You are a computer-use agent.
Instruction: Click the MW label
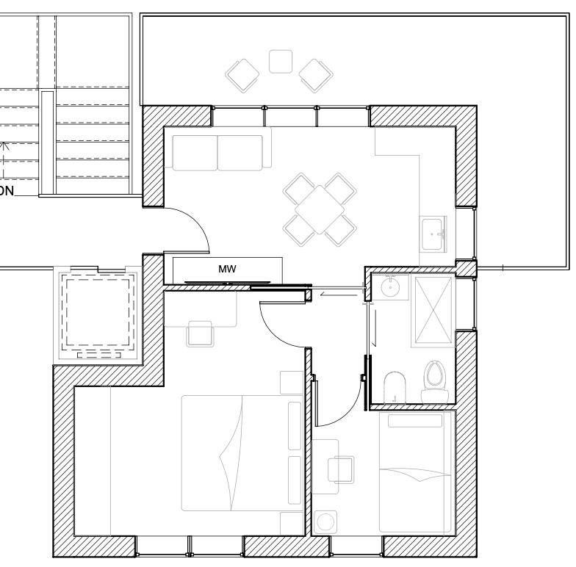pos(227,269)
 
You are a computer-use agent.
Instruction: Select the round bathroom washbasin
pos(389,286)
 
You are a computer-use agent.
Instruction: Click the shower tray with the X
pos(433,311)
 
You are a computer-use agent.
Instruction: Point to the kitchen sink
pos(433,234)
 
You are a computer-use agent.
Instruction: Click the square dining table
pos(320,209)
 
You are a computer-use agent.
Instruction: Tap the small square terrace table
pos(281,62)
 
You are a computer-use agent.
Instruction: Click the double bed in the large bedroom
pos(242,452)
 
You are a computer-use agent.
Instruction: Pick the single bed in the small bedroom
pos(416,472)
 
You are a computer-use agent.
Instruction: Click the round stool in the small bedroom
pos(325,521)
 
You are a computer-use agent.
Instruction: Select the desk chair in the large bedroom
pos(200,333)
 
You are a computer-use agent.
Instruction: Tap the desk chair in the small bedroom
pos(341,469)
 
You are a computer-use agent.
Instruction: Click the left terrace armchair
pos(242,76)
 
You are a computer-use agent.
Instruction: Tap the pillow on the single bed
pos(415,421)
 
